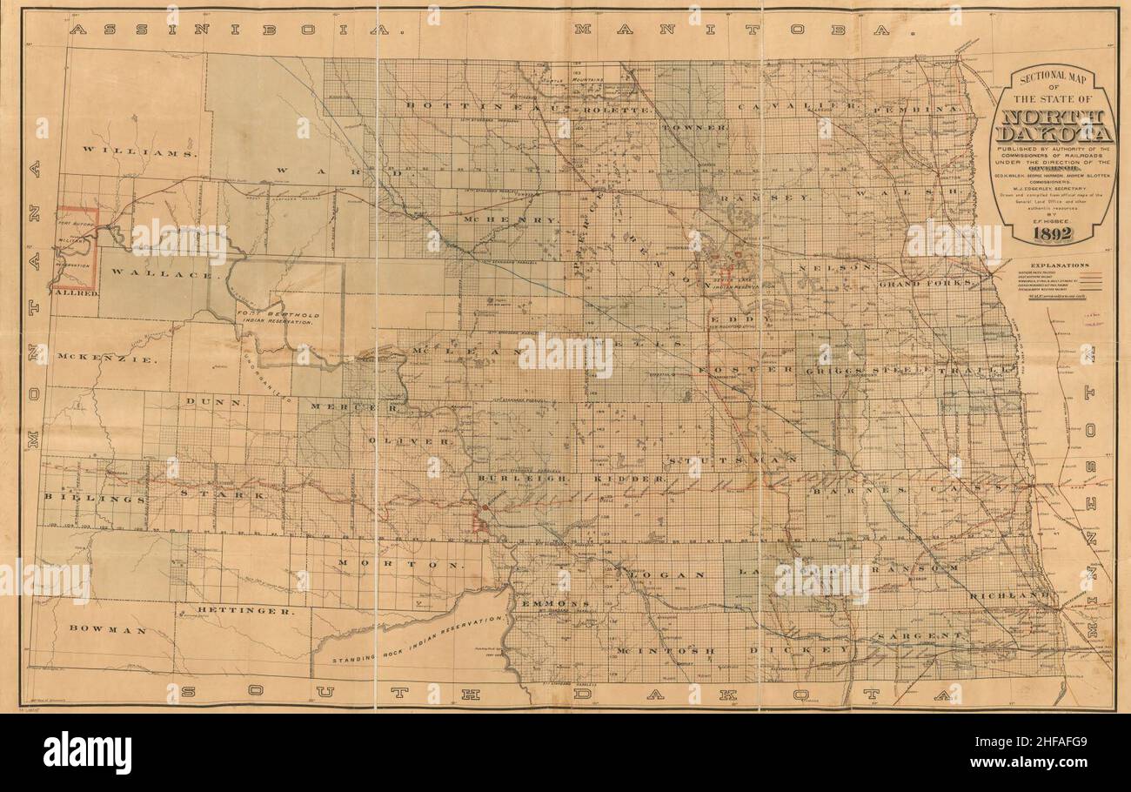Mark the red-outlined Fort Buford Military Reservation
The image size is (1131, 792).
[75, 248]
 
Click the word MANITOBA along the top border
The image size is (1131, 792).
[742, 30]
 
